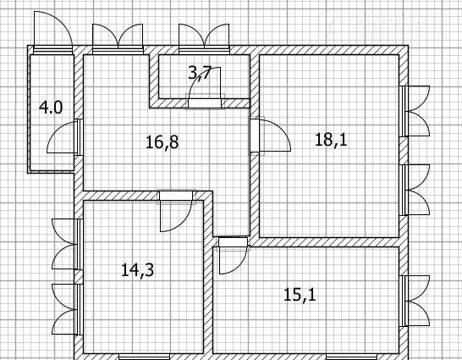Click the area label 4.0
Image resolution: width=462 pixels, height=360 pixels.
click(x=51, y=108)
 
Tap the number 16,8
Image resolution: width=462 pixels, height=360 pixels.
click(x=162, y=142)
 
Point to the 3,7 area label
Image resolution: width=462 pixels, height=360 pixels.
click(x=200, y=73)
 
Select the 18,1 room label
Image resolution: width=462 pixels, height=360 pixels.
click(x=331, y=140)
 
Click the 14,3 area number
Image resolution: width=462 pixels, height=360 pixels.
click(x=138, y=270)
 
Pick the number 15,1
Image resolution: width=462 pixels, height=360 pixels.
click(x=300, y=295)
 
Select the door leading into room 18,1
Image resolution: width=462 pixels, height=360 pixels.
click(x=271, y=136)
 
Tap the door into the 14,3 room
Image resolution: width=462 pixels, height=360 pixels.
click(x=176, y=211)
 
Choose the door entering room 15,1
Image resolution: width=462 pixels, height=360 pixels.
click(x=233, y=255)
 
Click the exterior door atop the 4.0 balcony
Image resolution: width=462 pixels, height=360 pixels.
click(x=53, y=33)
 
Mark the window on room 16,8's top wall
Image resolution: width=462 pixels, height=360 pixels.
click(x=118, y=39)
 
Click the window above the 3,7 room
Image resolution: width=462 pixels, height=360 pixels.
click(x=204, y=39)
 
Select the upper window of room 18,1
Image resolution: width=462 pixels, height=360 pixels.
click(x=415, y=111)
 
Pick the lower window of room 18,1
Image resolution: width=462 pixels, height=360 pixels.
click(x=415, y=190)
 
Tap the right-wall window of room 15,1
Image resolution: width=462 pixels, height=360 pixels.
click(x=415, y=301)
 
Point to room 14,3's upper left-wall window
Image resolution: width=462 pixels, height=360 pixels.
click(x=68, y=244)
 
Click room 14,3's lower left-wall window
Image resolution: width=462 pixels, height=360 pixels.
click(x=68, y=309)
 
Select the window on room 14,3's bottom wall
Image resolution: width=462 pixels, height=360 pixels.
click(x=145, y=357)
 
